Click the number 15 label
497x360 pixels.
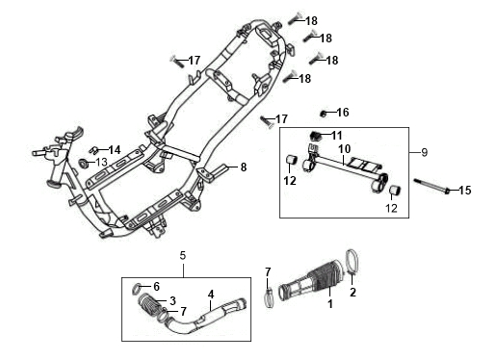[x=464, y=191]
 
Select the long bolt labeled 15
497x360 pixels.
[x=432, y=186]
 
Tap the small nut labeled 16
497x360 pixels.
[x=324, y=114]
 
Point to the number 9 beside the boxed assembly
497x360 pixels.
[x=424, y=152]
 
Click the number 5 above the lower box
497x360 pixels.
[x=183, y=256]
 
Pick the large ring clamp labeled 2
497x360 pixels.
[x=353, y=262]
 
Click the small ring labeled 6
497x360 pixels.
[x=137, y=289]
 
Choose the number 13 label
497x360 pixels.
[x=101, y=162]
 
